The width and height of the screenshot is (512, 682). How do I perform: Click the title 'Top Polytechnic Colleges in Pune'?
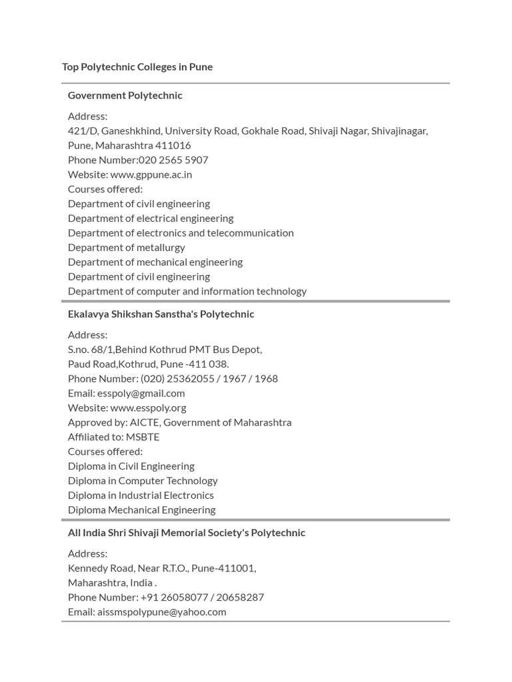pyautogui.click(x=137, y=67)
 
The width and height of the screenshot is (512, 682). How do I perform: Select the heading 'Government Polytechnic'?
pyautogui.click(x=125, y=95)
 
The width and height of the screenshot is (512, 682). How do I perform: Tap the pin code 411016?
pyautogui.click(x=173, y=145)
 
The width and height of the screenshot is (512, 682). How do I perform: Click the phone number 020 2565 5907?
pyautogui.click(x=173, y=160)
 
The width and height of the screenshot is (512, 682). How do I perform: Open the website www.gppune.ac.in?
pyautogui.click(x=151, y=174)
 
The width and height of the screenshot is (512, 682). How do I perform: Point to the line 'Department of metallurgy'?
pyautogui.click(x=126, y=248)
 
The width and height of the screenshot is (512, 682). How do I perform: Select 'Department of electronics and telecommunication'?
pyautogui.click(x=181, y=233)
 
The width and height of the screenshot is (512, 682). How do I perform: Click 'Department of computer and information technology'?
pyautogui.click(x=187, y=291)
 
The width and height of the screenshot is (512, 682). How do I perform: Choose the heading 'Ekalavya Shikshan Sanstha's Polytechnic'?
pyautogui.click(x=161, y=314)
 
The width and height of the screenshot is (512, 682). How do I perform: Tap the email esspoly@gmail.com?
pyautogui.click(x=141, y=393)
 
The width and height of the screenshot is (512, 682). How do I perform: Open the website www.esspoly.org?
pyautogui.click(x=148, y=408)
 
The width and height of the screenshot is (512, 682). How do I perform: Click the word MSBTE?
pyautogui.click(x=143, y=437)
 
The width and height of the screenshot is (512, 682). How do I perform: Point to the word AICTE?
pyautogui.click(x=145, y=422)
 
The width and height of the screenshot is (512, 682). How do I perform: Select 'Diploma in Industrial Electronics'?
pyautogui.click(x=141, y=496)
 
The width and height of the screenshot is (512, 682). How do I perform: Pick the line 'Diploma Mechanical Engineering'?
pyautogui.click(x=141, y=510)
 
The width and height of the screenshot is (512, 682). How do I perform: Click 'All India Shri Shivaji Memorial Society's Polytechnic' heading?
pyautogui.click(x=187, y=533)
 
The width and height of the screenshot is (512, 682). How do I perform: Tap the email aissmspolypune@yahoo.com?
pyautogui.click(x=161, y=612)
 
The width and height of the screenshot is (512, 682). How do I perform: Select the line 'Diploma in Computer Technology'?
pyautogui.click(x=143, y=481)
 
